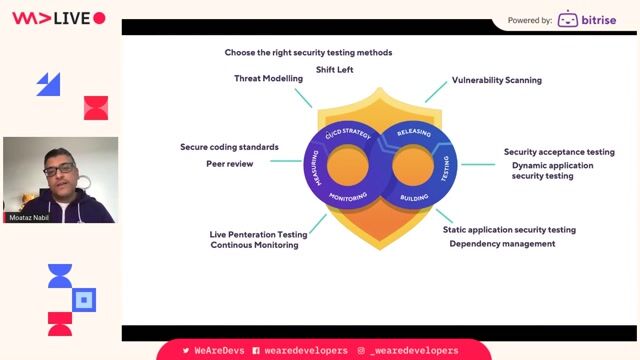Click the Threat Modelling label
[268, 78]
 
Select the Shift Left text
[334, 70]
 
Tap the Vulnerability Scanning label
[496, 80]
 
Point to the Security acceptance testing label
[559, 152]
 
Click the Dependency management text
[502, 243]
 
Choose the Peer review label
[230, 163]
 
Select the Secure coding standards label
[229, 147]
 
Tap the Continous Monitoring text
[254, 245]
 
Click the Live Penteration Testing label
[258, 234]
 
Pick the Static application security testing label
[509, 229]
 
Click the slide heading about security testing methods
[308, 52]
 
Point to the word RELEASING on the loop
[413, 133]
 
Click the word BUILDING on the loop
[414, 198]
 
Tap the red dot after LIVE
[99, 18]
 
